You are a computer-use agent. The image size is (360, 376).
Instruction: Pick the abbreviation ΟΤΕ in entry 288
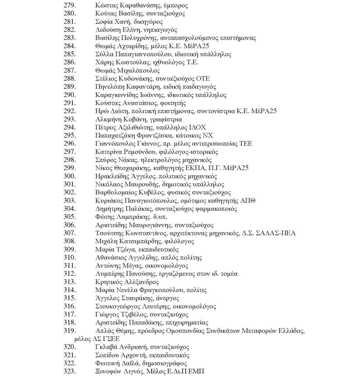click(203, 78)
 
